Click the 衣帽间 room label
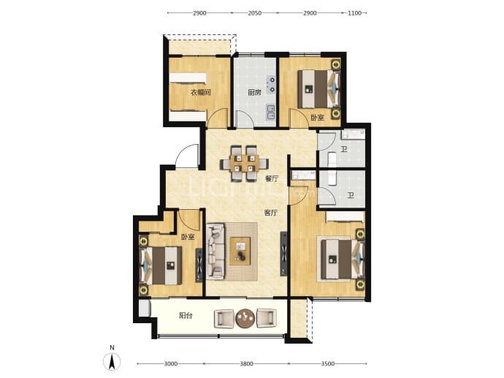[x=201, y=93]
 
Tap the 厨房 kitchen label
[x=254, y=93]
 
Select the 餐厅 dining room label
[x=272, y=179]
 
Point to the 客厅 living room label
[x=271, y=213]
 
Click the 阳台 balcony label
[x=186, y=316]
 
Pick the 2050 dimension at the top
[x=255, y=13]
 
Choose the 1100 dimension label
[x=355, y=13]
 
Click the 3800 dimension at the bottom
[x=246, y=364]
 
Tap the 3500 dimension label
[x=327, y=364]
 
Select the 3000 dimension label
[x=171, y=364]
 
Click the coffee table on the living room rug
[x=240, y=251]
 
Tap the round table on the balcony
[x=245, y=318]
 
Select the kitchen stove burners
[x=272, y=84]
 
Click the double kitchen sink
[x=271, y=113]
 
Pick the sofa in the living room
[x=215, y=251]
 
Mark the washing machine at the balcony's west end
[x=145, y=308]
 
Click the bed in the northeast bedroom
[x=319, y=89]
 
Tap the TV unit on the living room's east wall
[x=283, y=254]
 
